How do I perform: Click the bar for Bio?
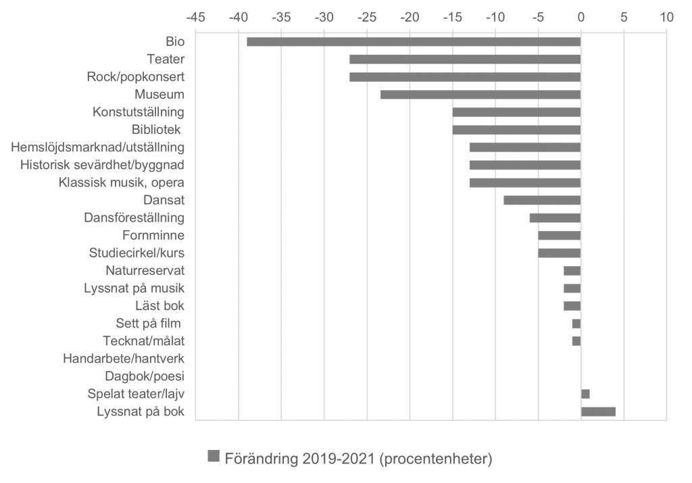pos(414,42)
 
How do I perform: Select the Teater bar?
pos(465,59)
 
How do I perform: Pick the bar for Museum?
pos(480,95)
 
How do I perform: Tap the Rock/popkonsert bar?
pos(465,77)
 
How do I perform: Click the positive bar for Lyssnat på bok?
pos(598,411)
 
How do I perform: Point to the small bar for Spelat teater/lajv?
pos(585,394)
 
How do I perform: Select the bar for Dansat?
pos(542,200)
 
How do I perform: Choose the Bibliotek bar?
pos(516,130)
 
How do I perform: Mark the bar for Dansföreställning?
pos(555,218)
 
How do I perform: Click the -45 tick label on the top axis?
pos(195,16)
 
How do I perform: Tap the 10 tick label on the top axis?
pos(666,16)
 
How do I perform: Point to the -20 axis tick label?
pos(409,16)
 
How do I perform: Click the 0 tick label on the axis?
pos(580,16)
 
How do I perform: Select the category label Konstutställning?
pos(139,112)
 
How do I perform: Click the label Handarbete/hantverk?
pos(124,358)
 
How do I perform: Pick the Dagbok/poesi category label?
pos(145,376)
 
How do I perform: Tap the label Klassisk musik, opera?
pos(122,182)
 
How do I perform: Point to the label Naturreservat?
pos(145,270)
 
